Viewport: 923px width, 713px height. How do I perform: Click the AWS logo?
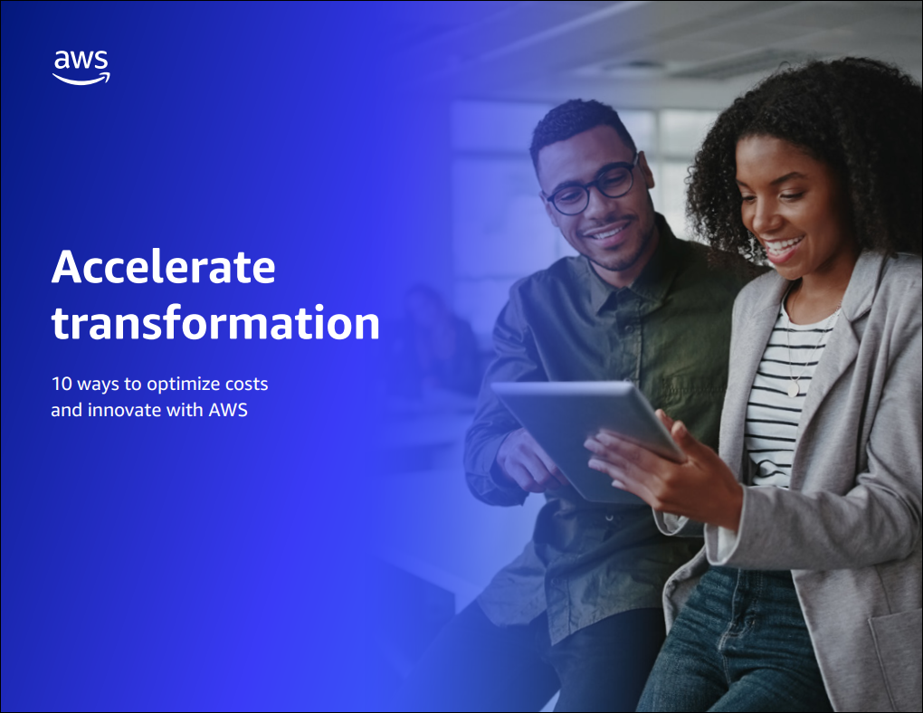tap(81, 67)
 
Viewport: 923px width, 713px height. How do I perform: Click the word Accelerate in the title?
tap(164, 267)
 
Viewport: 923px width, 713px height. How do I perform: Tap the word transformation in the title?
tap(215, 323)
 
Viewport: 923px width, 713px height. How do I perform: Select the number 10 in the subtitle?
tap(62, 384)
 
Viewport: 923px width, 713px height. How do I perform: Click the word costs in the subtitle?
tap(247, 385)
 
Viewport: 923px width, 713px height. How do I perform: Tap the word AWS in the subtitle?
tap(228, 410)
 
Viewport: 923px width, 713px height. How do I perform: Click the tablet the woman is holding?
tap(585, 439)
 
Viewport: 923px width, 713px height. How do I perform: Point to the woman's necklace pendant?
tap(794, 389)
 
